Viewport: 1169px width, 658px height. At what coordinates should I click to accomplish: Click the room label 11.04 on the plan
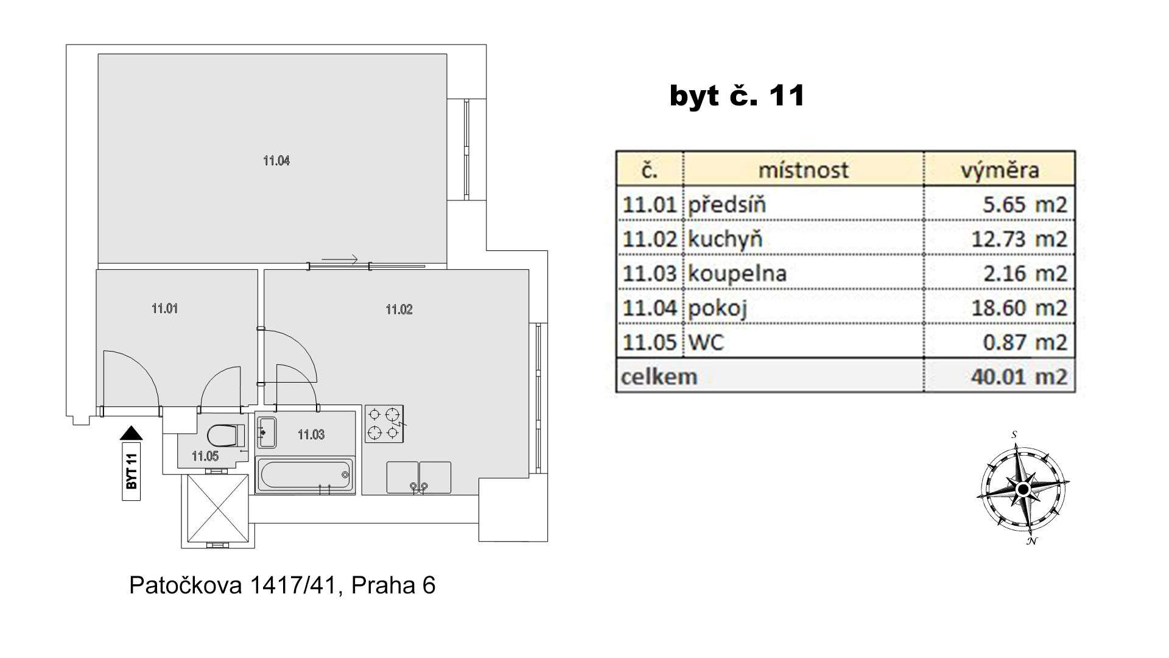(x=276, y=161)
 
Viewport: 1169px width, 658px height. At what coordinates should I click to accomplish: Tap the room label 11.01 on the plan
(x=164, y=308)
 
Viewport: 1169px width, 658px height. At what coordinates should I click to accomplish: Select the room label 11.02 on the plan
(x=399, y=310)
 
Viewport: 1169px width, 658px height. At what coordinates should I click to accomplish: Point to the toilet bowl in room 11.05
(x=222, y=436)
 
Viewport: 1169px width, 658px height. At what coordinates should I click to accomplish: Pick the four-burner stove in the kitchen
(x=385, y=423)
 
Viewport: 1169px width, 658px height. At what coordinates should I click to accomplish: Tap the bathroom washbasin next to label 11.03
(x=267, y=432)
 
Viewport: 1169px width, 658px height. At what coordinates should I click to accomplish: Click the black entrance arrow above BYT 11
(x=132, y=433)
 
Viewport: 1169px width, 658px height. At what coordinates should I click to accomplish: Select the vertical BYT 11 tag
(x=132, y=472)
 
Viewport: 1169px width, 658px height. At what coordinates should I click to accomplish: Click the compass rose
(x=1023, y=489)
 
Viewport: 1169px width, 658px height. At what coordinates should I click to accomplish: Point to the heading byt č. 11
(x=737, y=96)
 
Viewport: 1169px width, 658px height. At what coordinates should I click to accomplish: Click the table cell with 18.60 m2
(x=999, y=308)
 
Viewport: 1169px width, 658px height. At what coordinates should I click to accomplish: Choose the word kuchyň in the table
(x=725, y=239)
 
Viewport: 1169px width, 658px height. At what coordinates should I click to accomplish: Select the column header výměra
(x=1000, y=170)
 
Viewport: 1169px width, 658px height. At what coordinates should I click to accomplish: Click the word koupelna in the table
(x=737, y=274)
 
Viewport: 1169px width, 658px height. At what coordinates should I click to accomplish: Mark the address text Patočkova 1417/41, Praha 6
(x=283, y=585)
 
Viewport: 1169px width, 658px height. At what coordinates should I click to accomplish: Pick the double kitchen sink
(x=419, y=477)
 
